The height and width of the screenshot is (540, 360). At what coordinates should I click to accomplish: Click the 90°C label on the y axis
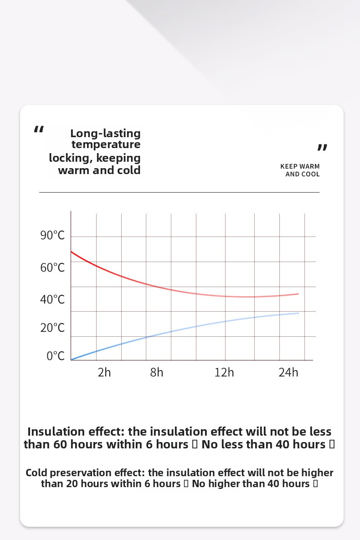(52, 236)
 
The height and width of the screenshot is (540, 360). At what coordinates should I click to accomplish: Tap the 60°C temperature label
(52, 267)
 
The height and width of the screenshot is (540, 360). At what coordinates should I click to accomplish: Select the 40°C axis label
(52, 299)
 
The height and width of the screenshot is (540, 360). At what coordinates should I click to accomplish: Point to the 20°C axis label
(52, 328)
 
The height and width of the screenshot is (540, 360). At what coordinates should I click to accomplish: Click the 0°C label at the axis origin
(56, 356)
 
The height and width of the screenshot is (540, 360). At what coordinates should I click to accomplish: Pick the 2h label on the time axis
(104, 372)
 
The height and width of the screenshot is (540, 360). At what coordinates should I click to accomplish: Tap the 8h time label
(156, 372)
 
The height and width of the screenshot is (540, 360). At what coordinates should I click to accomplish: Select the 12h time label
(224, 372)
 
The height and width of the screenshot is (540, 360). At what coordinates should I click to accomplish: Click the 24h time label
(288, 372)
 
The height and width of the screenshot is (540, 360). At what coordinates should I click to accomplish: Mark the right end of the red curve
(298, 294)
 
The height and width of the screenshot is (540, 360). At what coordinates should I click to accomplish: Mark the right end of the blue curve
(298, 313)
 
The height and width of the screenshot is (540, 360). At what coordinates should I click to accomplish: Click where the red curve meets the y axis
(71, 252)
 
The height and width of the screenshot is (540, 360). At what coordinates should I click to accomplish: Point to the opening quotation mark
(39, 130)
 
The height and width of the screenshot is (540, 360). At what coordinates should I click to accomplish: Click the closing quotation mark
(322, 147)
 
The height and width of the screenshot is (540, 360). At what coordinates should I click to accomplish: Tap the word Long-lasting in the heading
(105, 134)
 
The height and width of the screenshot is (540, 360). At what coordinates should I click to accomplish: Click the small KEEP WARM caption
(300, 166)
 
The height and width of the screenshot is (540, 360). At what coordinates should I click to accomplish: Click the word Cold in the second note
(36, 473)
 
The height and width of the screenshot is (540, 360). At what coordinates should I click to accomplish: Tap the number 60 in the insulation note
(61, 444)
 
